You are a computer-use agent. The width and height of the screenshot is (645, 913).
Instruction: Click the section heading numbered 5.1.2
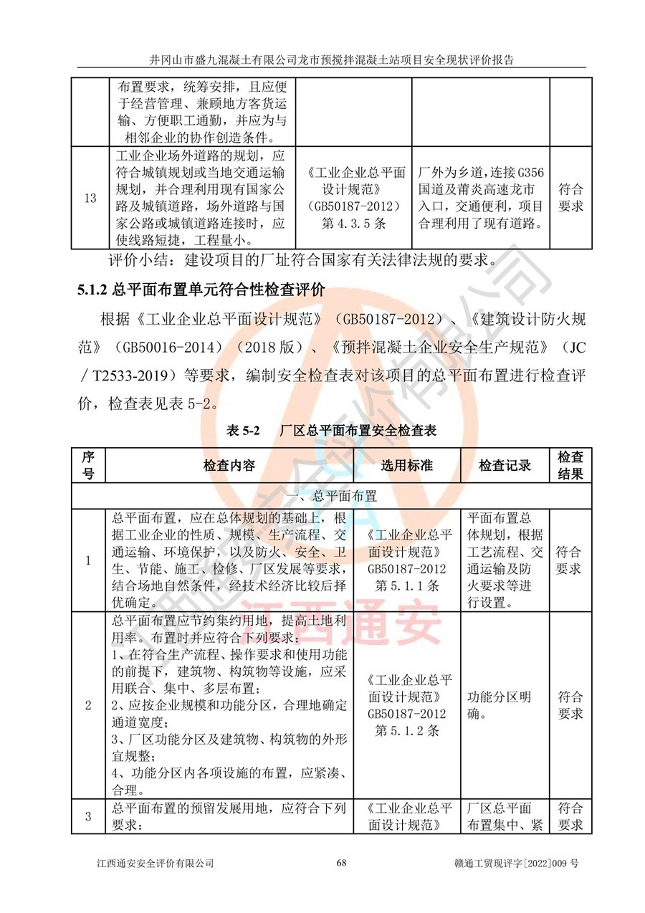click(201, 290)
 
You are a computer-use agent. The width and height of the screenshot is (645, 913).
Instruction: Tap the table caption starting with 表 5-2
click(331, 431)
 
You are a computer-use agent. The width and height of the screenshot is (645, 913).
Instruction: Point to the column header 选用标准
click(407, 465)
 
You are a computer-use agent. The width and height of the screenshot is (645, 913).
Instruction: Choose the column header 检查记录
click(505, 465)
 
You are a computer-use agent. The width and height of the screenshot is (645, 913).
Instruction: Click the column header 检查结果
click(570, 465)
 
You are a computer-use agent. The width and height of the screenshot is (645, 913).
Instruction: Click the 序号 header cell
click(89, 465)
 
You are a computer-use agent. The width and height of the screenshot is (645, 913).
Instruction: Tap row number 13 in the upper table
click(90, 199)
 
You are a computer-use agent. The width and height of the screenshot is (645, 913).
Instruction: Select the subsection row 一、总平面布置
click(331, 495)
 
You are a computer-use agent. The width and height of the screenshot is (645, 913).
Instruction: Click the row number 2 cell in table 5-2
click(89, 705)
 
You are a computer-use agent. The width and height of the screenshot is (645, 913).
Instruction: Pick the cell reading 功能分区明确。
click(499, 705)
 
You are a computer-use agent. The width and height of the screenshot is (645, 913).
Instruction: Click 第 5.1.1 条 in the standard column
click(407, 585)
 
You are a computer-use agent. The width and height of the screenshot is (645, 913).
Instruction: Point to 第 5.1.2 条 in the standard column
click(407, 730)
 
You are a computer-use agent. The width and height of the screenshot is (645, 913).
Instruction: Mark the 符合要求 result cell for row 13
click(570, 198)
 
